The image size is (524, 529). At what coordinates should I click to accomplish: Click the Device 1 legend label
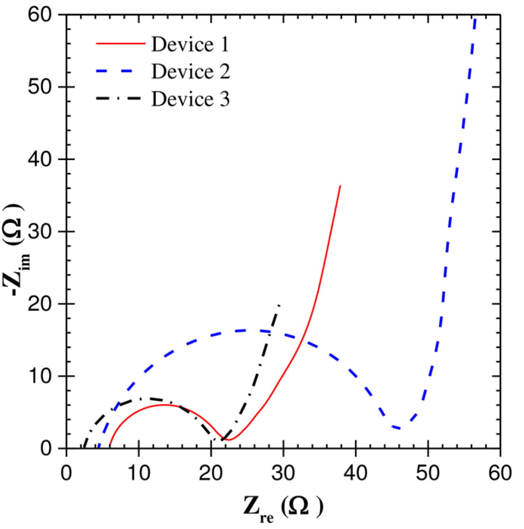tap(190, 44)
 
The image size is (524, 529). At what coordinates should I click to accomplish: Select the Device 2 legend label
tap(191, 71)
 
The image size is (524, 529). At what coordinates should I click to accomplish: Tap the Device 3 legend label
tap(191, 99)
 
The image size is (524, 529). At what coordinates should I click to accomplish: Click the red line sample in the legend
tap(121, 44)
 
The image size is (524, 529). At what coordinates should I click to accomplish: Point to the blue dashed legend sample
tap(121, 71)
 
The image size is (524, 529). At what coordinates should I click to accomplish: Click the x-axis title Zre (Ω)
tap(283, 508)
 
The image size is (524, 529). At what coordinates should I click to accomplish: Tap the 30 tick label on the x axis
tap(283, 473)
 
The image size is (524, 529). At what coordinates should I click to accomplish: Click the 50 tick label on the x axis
tap(428, 473)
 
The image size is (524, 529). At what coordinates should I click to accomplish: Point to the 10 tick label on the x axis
tap(139, 473)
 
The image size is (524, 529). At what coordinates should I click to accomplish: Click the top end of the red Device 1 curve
tap(340, 186)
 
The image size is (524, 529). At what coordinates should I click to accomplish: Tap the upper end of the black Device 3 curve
tap(280, 305)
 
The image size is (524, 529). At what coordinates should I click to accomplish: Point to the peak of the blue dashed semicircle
tap(245, 330)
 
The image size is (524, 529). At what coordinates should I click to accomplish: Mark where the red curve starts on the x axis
tap(110, 447)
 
